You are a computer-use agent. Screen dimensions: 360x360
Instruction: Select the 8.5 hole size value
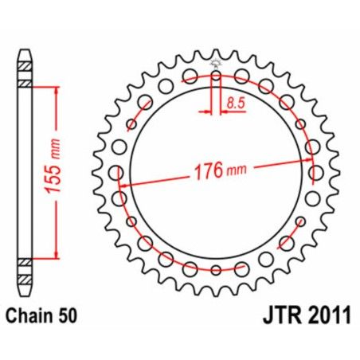tap(235, 102)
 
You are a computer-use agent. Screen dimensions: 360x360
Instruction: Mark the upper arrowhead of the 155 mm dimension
tap(57, 88)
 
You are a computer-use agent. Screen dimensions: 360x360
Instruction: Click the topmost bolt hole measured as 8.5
tap(216, 77)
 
